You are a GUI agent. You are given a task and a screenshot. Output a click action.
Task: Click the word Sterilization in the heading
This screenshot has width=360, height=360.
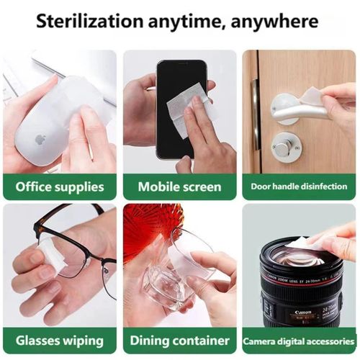tap(89, 21)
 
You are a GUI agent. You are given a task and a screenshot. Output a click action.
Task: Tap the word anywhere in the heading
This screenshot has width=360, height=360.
tap(274, 22)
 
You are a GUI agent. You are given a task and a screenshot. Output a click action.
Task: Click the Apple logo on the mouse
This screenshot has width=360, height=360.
tap(40, 139)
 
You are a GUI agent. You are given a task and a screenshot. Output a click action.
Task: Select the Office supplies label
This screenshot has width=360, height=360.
tap(60, 186)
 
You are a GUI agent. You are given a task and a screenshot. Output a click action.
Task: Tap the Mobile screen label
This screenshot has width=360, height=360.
tap(179, 186)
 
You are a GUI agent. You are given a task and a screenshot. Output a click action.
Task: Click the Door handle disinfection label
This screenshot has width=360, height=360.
tap(299, 186)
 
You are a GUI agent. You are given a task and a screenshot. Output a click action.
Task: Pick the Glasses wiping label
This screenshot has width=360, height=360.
tap(60, 341)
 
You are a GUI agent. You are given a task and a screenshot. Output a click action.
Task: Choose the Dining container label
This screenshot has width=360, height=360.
tap(179, 341)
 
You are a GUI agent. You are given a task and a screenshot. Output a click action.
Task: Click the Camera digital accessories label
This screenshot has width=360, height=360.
tap(299, 341)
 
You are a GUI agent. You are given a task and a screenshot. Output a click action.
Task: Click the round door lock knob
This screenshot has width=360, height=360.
tap(287, 147)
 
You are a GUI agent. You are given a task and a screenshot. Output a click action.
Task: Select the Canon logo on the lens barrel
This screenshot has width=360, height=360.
tap(303, 312)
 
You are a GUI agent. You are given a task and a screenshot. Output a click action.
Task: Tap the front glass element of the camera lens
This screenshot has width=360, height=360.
tap(299, 258)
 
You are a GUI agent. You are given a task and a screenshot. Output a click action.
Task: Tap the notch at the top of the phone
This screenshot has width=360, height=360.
tap(181, 63)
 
